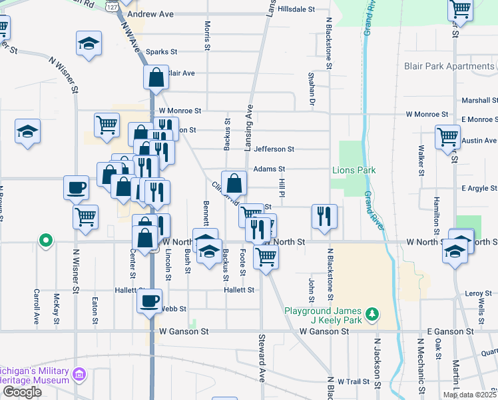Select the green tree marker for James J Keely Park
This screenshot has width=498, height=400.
pos(373,312)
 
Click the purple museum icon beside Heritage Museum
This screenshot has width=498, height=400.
pos(80,375)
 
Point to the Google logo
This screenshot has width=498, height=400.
pos(22,392)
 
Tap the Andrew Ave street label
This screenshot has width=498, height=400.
pos(150,13)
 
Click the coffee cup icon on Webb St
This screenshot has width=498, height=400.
pos(150,301)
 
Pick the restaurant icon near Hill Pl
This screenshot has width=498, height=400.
pos(324,216)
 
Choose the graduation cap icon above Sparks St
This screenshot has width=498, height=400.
pos(89,43)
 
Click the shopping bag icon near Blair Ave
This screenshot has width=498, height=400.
pos(156,77)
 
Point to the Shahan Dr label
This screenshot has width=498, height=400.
pos(311,89)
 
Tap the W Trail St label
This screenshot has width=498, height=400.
pos(353,382)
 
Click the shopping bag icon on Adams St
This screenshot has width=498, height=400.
pos(234,183)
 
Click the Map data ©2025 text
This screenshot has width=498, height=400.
pos(469,395)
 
